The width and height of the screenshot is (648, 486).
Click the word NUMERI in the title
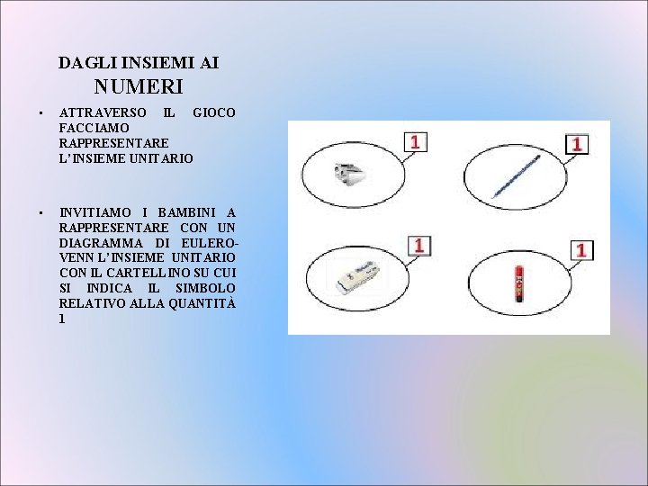pyautogui.click(x=139, y=87)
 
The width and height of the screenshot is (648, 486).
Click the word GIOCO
pyautogui.click(x=214, y=112)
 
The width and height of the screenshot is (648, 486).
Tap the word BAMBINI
pyautogui.click(x=187, y=212)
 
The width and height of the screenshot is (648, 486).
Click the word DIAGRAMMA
pyautogui.click(x=98, y=243)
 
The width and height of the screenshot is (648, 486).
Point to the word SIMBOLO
pyautogui.click(x=206, y=288)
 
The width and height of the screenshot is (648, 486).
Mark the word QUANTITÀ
pyautogui.click(x=199, y=303)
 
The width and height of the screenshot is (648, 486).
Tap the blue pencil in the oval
pyautogui.click(x=516, y=177)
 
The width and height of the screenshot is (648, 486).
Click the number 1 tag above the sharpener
pyautogui.click(x=416, y=142)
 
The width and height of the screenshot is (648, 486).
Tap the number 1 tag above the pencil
pyautogui.click(x=576, y=143)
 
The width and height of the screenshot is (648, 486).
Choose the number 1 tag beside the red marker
pyautogui.click(x=581, y=250)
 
